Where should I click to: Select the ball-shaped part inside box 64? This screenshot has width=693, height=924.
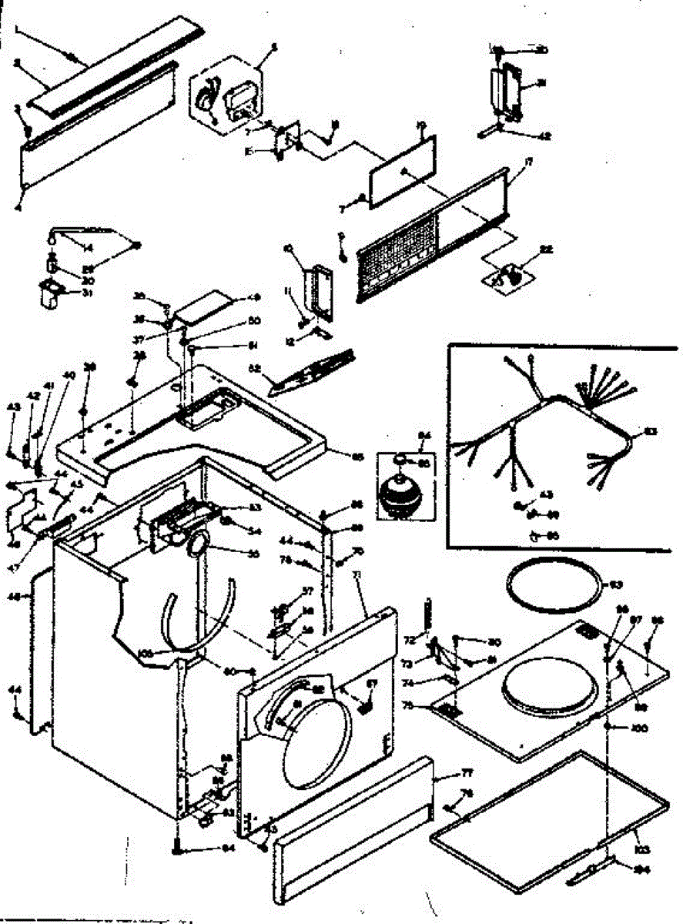[x=400, y=491]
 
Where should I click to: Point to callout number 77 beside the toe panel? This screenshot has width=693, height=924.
[x=445, y=773]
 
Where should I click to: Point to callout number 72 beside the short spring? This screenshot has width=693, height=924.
[x=410, y=639]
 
